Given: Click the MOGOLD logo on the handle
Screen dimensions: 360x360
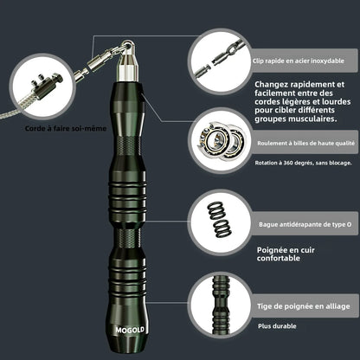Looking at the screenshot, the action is click(x=130, y=330).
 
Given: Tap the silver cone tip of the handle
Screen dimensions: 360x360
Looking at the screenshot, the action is click(x=127, y=67).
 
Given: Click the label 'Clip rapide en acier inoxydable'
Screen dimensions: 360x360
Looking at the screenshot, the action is click(x=299, y=61).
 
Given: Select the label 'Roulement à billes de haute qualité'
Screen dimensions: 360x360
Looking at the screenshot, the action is click(x=305, y=143).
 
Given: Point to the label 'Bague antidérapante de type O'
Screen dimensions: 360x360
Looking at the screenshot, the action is click(x=305, y=224).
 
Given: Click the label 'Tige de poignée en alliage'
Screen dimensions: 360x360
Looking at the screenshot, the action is click(x=304, y=306).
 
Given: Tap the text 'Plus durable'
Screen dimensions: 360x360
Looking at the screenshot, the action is click(x=277, y=326).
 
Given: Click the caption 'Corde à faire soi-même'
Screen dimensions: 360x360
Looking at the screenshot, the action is click(x=66, y=128).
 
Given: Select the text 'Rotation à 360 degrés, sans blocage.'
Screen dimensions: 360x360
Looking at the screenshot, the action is click(x=303, y=163).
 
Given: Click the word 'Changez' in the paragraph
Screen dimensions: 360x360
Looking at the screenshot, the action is click(x=272, y=85).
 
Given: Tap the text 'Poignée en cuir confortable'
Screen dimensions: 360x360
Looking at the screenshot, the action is click(x=286, y=254).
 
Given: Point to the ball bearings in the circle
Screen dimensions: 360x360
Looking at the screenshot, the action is click(x=222, y=142).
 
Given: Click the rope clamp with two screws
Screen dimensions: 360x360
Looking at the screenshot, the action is click(x=46, y=87).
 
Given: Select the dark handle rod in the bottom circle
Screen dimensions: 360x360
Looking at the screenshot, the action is click(x=221, y=305).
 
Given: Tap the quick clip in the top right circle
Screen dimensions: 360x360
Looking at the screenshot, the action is click(x=219, y=59).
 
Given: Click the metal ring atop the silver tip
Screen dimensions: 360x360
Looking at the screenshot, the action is click(x=128, y=46).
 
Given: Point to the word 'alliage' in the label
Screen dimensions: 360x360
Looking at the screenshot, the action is click(x=337, y=306).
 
